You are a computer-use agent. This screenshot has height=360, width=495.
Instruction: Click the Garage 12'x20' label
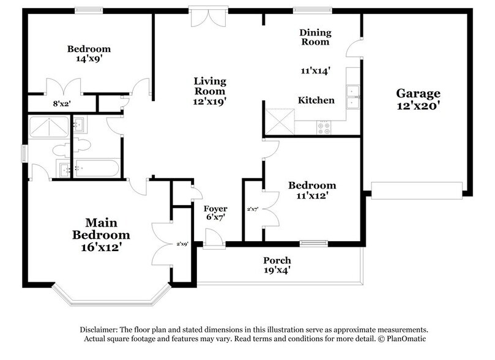(x=418, y=99)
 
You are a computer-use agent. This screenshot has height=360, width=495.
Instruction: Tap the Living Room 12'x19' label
(x=210, y=91)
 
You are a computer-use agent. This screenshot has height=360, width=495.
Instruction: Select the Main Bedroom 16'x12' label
(x=101, y=234)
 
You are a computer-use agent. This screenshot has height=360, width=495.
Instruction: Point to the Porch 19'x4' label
(x=277, y=265)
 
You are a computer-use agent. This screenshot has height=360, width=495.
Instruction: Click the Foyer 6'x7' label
(x=215, y=212)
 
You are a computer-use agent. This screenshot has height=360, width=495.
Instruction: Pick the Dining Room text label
(x=315, y=37)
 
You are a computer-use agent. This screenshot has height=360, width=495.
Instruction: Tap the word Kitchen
(x=316, y=100)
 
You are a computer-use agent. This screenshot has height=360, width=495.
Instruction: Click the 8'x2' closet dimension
(x=62, y=103)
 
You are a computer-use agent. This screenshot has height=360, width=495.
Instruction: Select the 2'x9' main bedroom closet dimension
(x=182, y=244)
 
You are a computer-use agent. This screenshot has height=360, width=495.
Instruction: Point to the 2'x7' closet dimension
(x=253, y=209)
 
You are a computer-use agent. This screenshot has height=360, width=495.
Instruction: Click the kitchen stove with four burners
(x=324, y=128)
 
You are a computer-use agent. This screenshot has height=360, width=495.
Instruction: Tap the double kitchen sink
(x=352, y=97)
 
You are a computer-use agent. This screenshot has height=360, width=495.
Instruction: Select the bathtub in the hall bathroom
(x=97, y=168)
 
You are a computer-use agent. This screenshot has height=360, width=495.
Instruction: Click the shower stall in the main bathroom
(x=48, y=127)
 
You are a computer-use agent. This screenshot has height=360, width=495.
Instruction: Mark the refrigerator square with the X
(x=280, y=121)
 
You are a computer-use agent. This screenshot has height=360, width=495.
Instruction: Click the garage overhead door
(x=417, y=190)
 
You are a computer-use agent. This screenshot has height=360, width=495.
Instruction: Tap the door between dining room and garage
(x=354, y=48)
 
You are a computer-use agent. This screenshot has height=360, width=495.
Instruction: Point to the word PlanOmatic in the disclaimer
(x=406, y=339)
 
